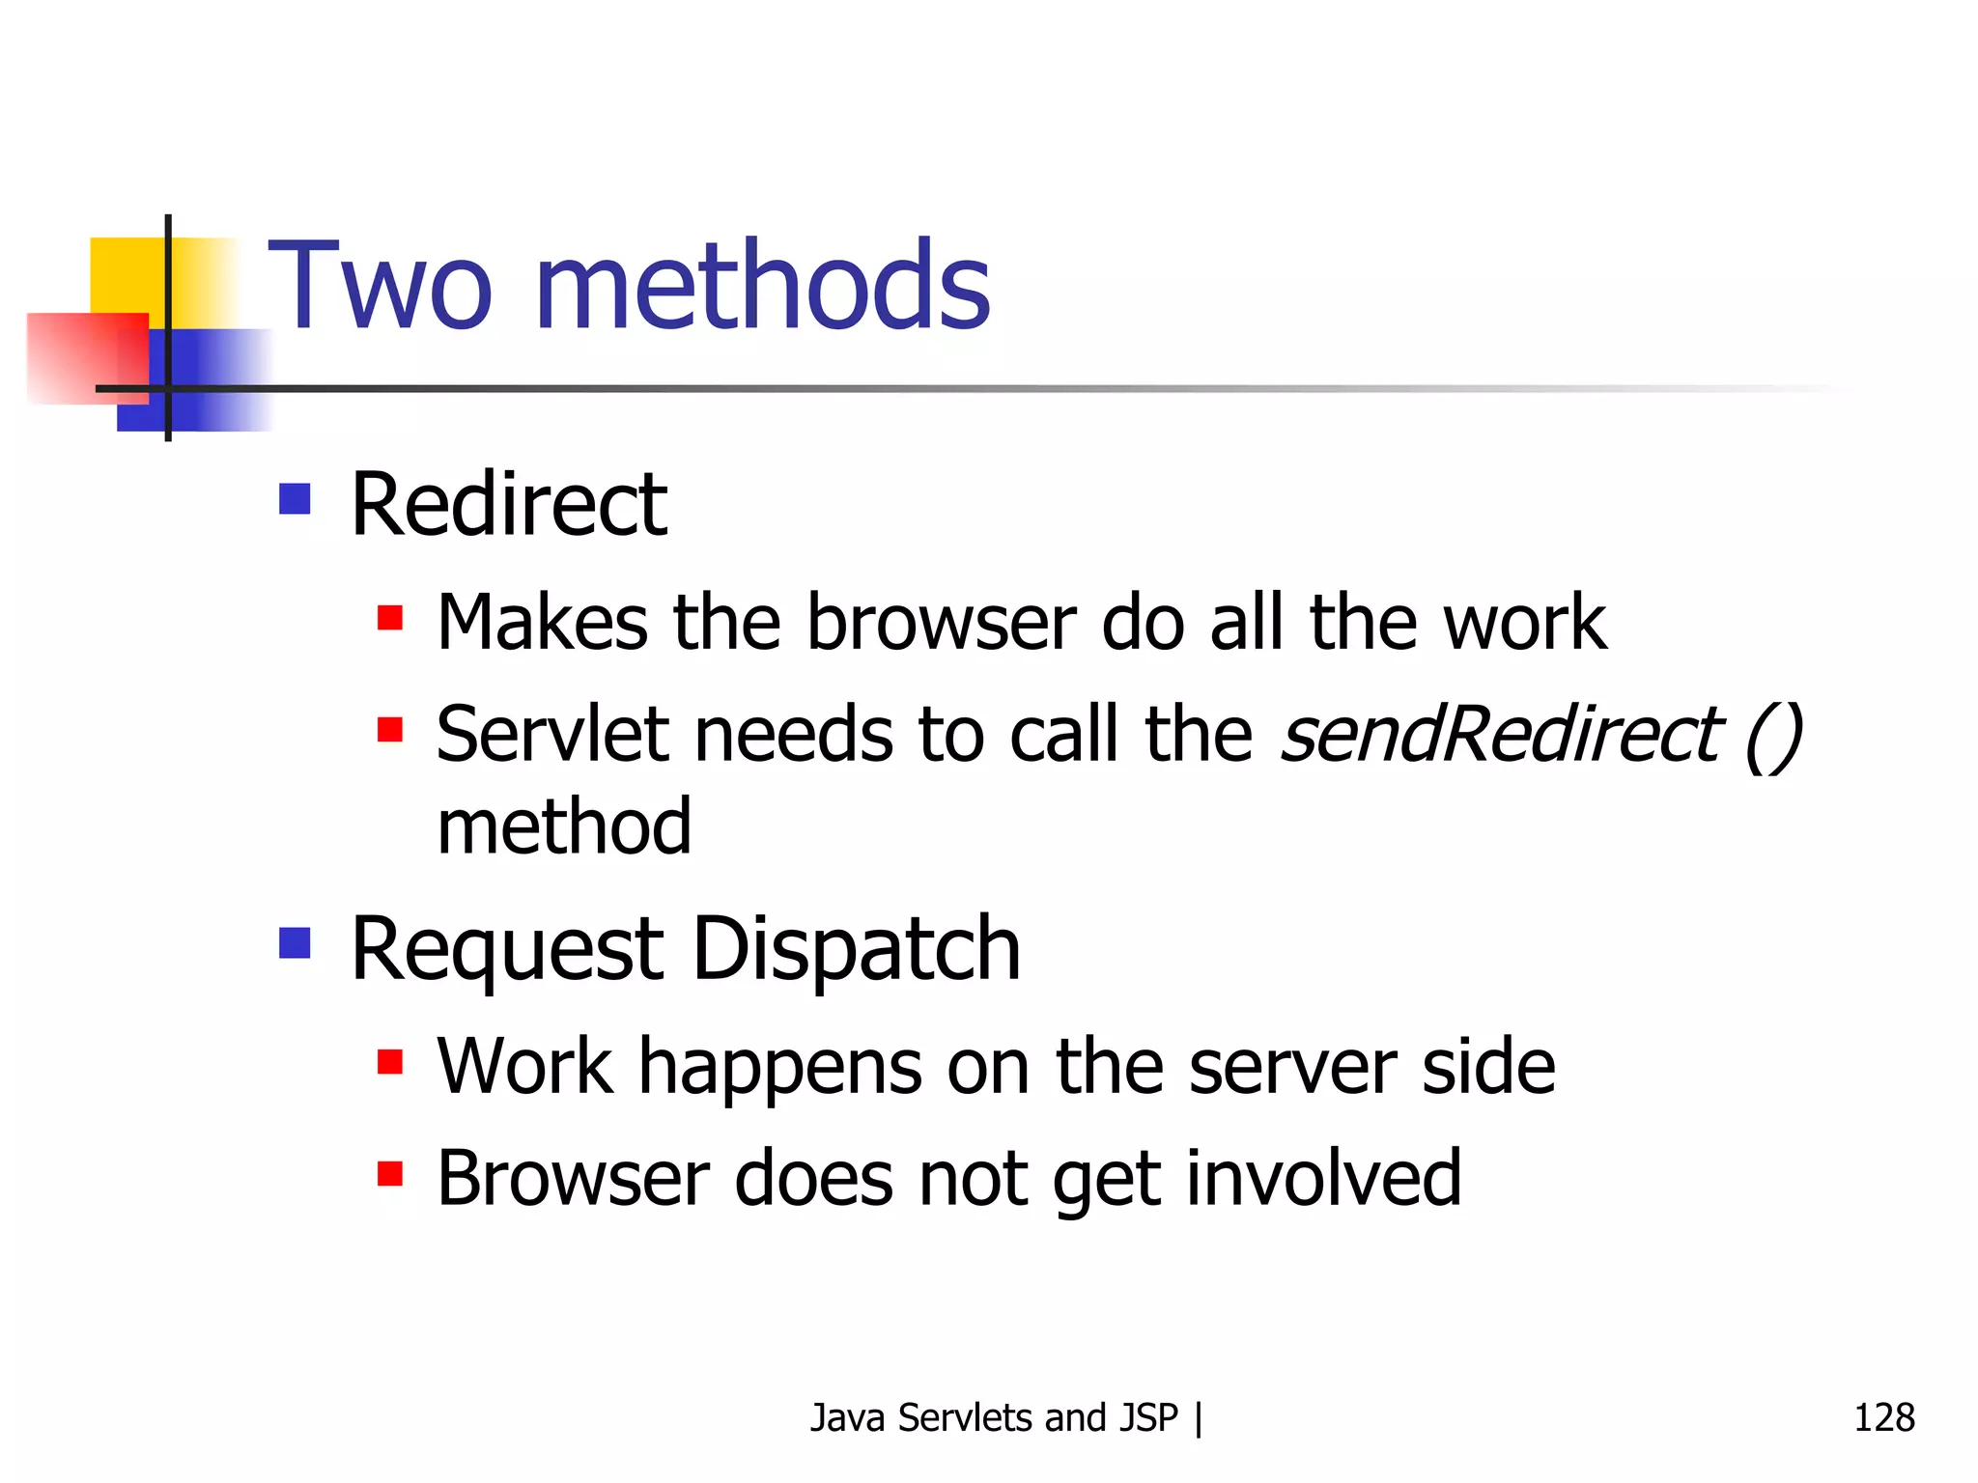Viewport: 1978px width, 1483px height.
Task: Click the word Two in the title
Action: [x=380, y=287]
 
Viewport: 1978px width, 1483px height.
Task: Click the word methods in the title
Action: [x=762, y=287]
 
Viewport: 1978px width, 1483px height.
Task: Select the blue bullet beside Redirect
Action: [x=295, y=499]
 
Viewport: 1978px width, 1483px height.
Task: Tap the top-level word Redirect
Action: [x=509, y=505]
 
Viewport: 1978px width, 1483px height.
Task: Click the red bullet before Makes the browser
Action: [x=390, y=617]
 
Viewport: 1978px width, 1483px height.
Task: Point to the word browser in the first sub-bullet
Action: [x=941, y=623]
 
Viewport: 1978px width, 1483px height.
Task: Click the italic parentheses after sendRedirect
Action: [x=1775, y=737]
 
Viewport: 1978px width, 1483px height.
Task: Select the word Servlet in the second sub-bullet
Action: [x=552, y=735]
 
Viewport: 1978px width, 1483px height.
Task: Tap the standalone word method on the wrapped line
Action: [x=564, y=827]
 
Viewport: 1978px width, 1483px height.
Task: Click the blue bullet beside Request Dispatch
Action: [x=295, y=943]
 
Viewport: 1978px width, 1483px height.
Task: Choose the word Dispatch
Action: [x=857, y=949]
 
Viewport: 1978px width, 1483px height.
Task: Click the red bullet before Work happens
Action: [x=390, y=1062]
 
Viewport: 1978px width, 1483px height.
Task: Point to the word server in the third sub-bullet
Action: [x=1291, y=1068]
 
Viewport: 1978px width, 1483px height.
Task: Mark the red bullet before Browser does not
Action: [x=390, y=1174]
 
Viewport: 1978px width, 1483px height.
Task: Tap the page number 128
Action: [x=1883, y=1417]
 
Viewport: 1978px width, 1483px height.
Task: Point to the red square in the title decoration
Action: [x=82, y=354]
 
